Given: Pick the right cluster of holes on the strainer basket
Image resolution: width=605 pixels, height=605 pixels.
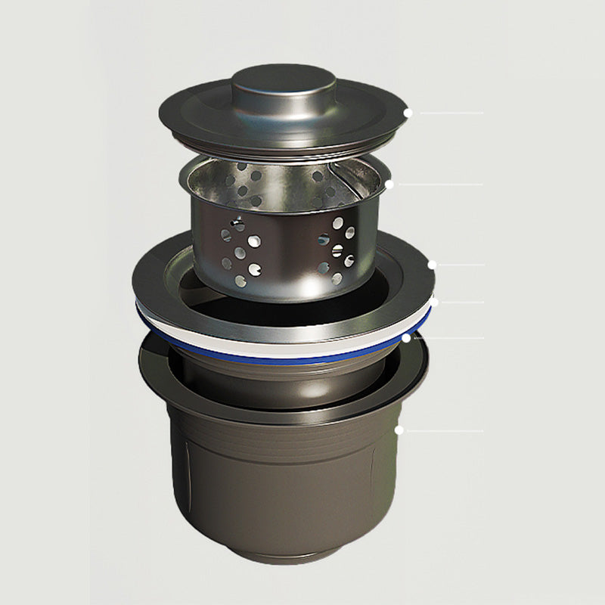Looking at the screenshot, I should [x=337, y=250].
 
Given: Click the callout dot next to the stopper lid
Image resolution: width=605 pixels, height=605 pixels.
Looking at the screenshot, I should [x=407, y=113].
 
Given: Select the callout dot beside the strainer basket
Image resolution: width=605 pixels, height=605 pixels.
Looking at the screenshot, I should [x=389, y=184].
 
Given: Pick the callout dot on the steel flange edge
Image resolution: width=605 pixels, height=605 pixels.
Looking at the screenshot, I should [x=432, y=265].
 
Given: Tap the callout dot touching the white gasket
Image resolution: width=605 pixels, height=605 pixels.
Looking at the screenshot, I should [x=434, y=302].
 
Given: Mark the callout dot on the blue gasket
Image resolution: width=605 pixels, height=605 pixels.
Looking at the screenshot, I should [x=406, y=338].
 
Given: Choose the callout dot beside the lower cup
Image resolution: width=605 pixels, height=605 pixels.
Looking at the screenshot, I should [x=399, y=430].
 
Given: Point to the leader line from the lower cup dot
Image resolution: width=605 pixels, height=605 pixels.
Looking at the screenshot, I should [x=446, y=430].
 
